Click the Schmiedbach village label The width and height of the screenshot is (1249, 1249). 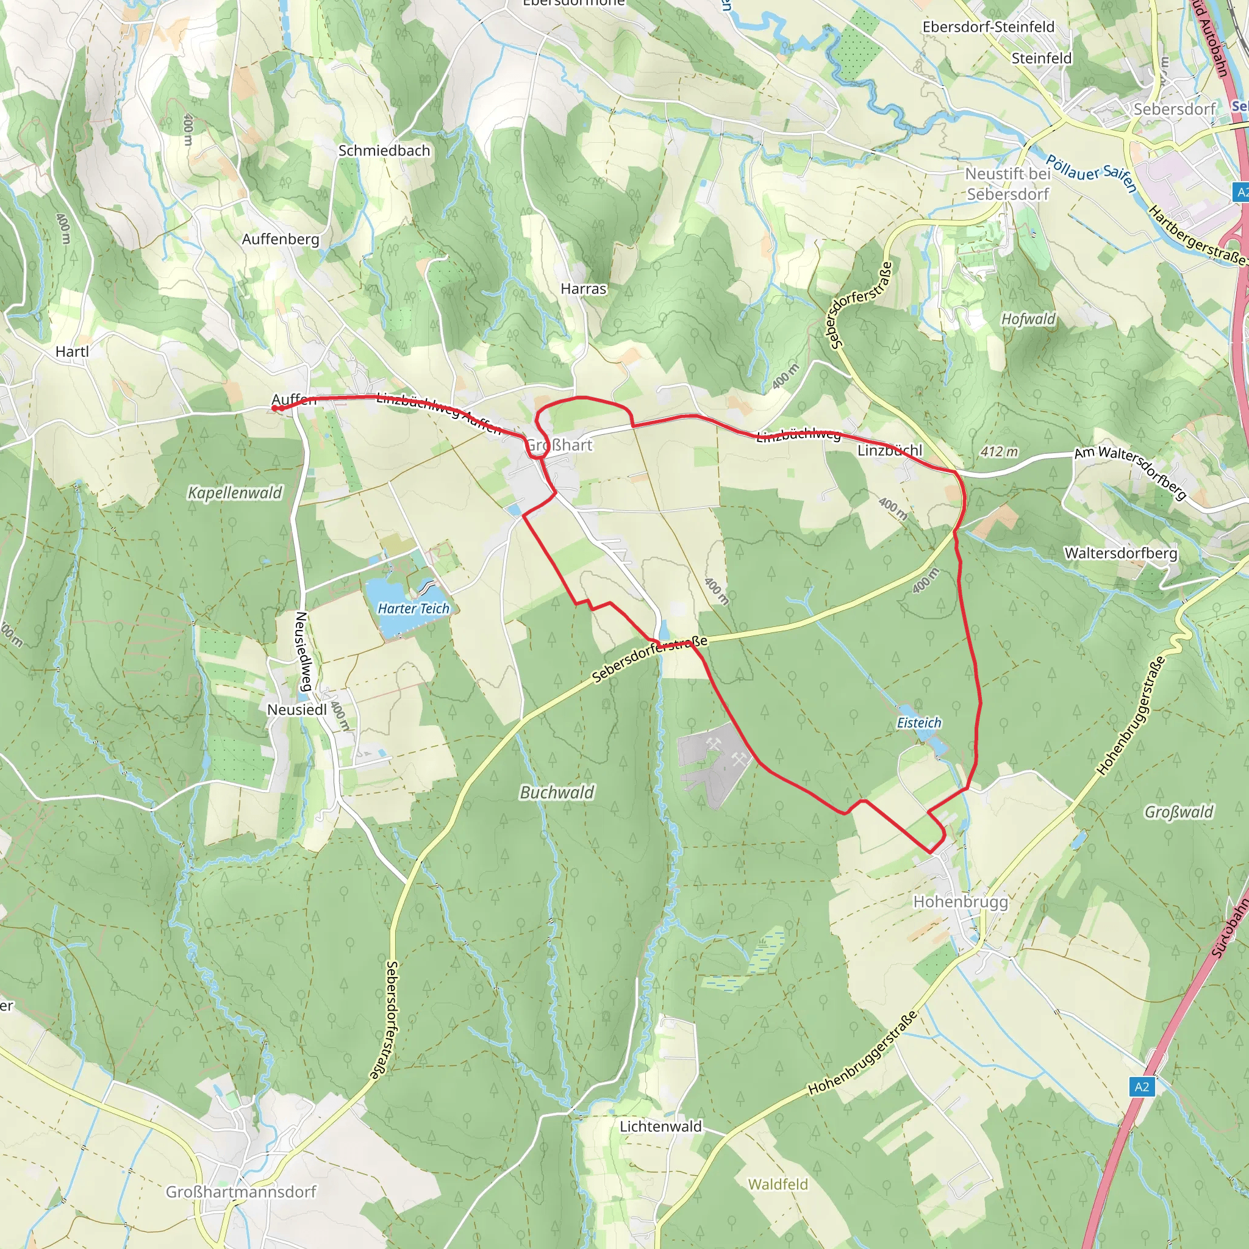pos(384,151)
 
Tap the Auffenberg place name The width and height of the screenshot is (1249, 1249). pos(281,239)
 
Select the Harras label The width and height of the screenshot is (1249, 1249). pos(583,289)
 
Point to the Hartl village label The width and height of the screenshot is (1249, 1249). pos(72,352)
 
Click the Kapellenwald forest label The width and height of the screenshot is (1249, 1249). pos(235,493)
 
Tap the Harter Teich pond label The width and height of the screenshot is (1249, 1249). pos(413,608)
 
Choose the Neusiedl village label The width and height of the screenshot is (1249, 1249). pos(297,710)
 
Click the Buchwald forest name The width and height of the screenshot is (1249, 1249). pos(557,793)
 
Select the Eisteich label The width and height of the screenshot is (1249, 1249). pos(918,723)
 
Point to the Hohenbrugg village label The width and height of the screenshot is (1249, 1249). pos(960,901)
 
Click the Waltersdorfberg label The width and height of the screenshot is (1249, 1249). pos(1121,553)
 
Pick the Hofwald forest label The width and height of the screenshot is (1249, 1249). pos(1028,319)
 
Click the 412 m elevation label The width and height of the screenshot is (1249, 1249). pos(999,451)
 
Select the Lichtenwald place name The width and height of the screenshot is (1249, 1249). pos(660,1126)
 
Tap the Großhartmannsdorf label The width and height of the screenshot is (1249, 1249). pos(241,1192)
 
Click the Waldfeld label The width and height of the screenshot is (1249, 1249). pos(778,1184)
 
